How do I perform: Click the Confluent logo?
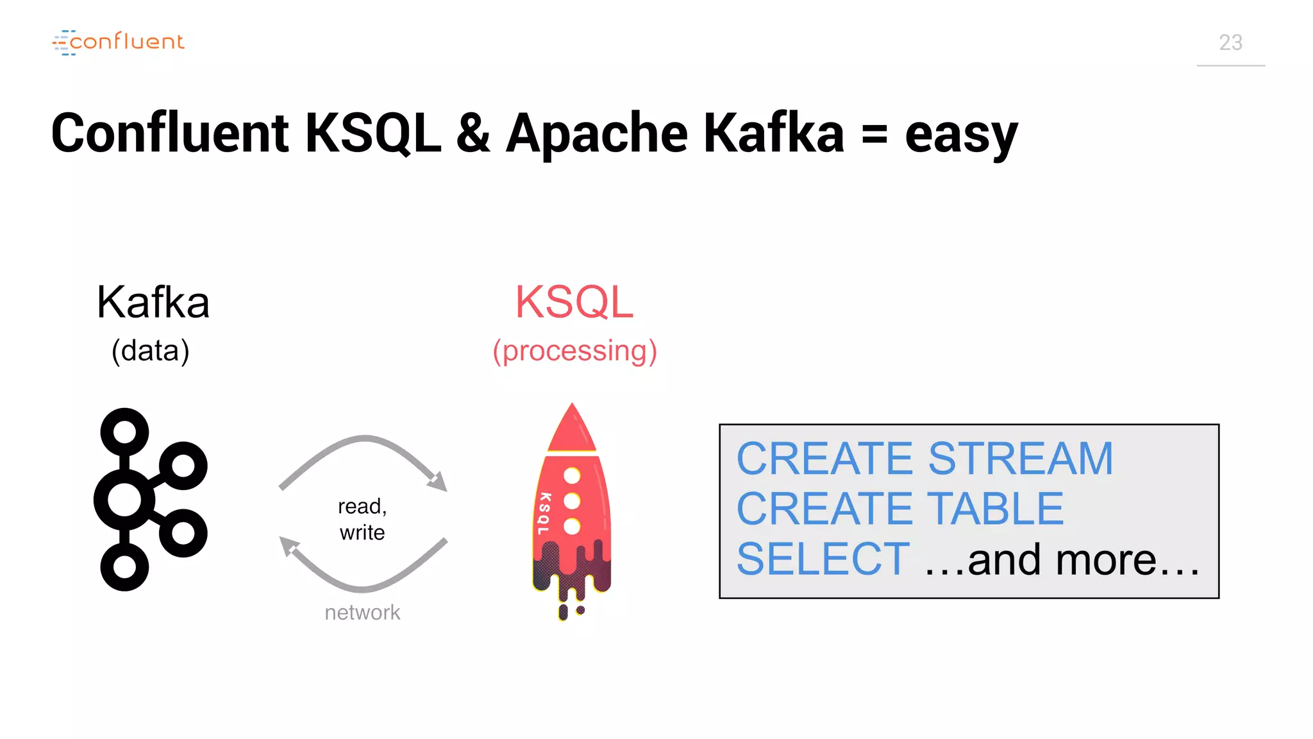click(119, 42)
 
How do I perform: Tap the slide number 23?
click(1230, 43)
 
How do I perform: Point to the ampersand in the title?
click(473, 133)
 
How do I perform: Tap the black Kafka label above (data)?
click(153, 302)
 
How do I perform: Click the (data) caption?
click(151, 351)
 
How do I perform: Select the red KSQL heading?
click(574, 302)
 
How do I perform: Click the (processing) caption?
click(574, 352)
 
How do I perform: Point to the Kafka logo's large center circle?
click(124, 500)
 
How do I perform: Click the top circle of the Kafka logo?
click(124, 432)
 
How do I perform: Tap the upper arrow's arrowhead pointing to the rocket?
click(438, 481)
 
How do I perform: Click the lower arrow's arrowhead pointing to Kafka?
click(289, 547)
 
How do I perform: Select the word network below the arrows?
click(362, 613)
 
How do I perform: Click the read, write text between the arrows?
click(362, 519)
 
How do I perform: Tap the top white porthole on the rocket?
click(572, 476)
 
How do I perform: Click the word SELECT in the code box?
click(823, 559)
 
